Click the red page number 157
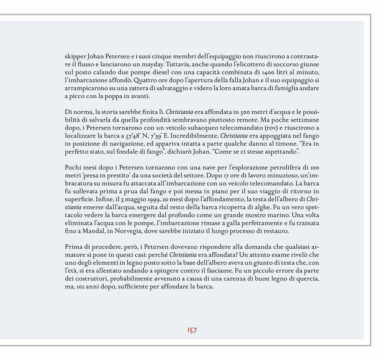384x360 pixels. pos(192,330)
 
